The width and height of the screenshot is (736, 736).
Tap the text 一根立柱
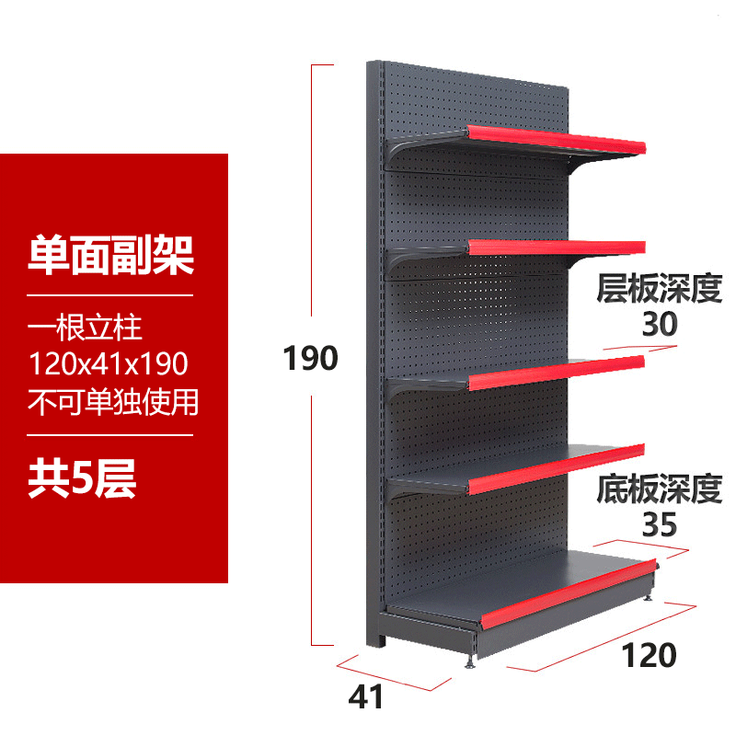click(85, 328)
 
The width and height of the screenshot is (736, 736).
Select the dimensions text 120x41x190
click(109, 365)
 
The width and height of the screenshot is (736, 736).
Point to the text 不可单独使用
click(112, 402)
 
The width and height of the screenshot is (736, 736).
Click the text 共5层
click(82, 480)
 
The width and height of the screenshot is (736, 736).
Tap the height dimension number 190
click(310, 359)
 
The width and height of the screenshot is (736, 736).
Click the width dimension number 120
click(650, 656)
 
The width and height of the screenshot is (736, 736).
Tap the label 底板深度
click(659, 489)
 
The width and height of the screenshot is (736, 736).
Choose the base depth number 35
click(658, 524)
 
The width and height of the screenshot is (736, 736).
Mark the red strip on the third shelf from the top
click(556, 373)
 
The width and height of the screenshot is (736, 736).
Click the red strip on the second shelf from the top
click(556, 247)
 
